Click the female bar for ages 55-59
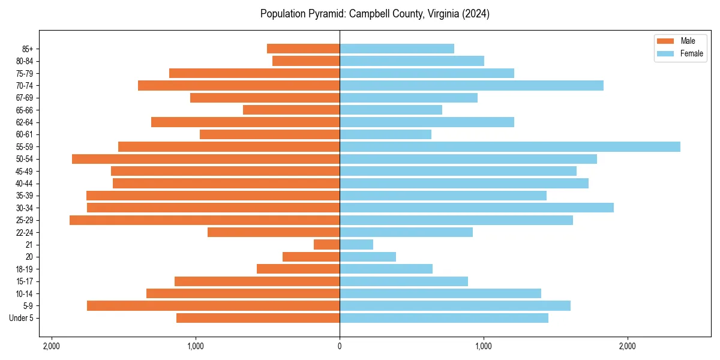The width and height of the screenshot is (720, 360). point(510,146)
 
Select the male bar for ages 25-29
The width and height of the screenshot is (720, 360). point(205,220)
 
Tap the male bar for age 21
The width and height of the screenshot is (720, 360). point(327,245)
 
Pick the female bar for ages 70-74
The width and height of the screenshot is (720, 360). point(472,86)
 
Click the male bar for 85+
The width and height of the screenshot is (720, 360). point(304,49)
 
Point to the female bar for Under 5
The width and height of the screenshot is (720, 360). point(444,318)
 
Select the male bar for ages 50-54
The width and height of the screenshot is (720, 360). point(206,159)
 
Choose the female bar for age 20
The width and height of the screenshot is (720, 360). point(368,257)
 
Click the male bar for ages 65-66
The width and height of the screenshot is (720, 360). point(292,110)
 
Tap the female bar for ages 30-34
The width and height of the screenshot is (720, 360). point(476,208)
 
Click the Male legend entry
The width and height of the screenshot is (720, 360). point(688,41)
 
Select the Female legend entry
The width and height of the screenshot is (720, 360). point(691,53)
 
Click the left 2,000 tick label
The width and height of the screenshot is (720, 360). point(52,346)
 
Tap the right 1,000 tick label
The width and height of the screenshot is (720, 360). point(484,346)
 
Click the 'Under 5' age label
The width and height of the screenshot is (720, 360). point(22,318)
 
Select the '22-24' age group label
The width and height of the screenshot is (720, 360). point(25,232)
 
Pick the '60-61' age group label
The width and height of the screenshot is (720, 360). point(25,134)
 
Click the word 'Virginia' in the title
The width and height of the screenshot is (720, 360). point(443,14)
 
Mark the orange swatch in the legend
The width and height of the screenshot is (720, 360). point(665,41)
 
